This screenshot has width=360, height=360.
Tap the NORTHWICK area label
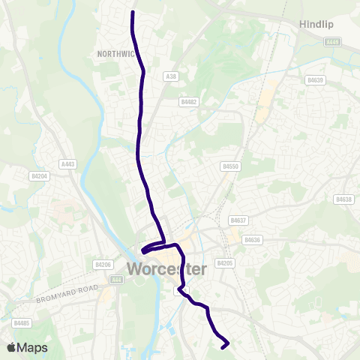(x=115, y=54)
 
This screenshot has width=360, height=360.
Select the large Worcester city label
(x=177, y=268)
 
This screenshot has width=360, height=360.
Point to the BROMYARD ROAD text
(x=67, y=294)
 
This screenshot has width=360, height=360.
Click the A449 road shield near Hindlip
(x=333, y=41)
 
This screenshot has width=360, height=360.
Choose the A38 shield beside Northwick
(x=170, y=76)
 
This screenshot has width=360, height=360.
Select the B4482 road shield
(x=188, y=101)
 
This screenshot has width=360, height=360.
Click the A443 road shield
(x=67, y=163)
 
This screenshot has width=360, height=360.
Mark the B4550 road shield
(x=230, y=166)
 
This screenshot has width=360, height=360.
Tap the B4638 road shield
(x=344, y=199)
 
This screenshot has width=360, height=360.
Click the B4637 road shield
(x=238, y=220)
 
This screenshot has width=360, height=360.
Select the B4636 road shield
(x=253, y=239)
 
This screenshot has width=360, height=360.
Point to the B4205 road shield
(x=225, y=263)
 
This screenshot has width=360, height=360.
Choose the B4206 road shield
(x=103, y=264)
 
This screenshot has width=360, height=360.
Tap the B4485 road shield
(x=21, y=322)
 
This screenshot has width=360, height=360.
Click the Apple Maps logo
(x=27, y=347)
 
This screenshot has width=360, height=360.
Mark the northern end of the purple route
(x=133, y=13)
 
